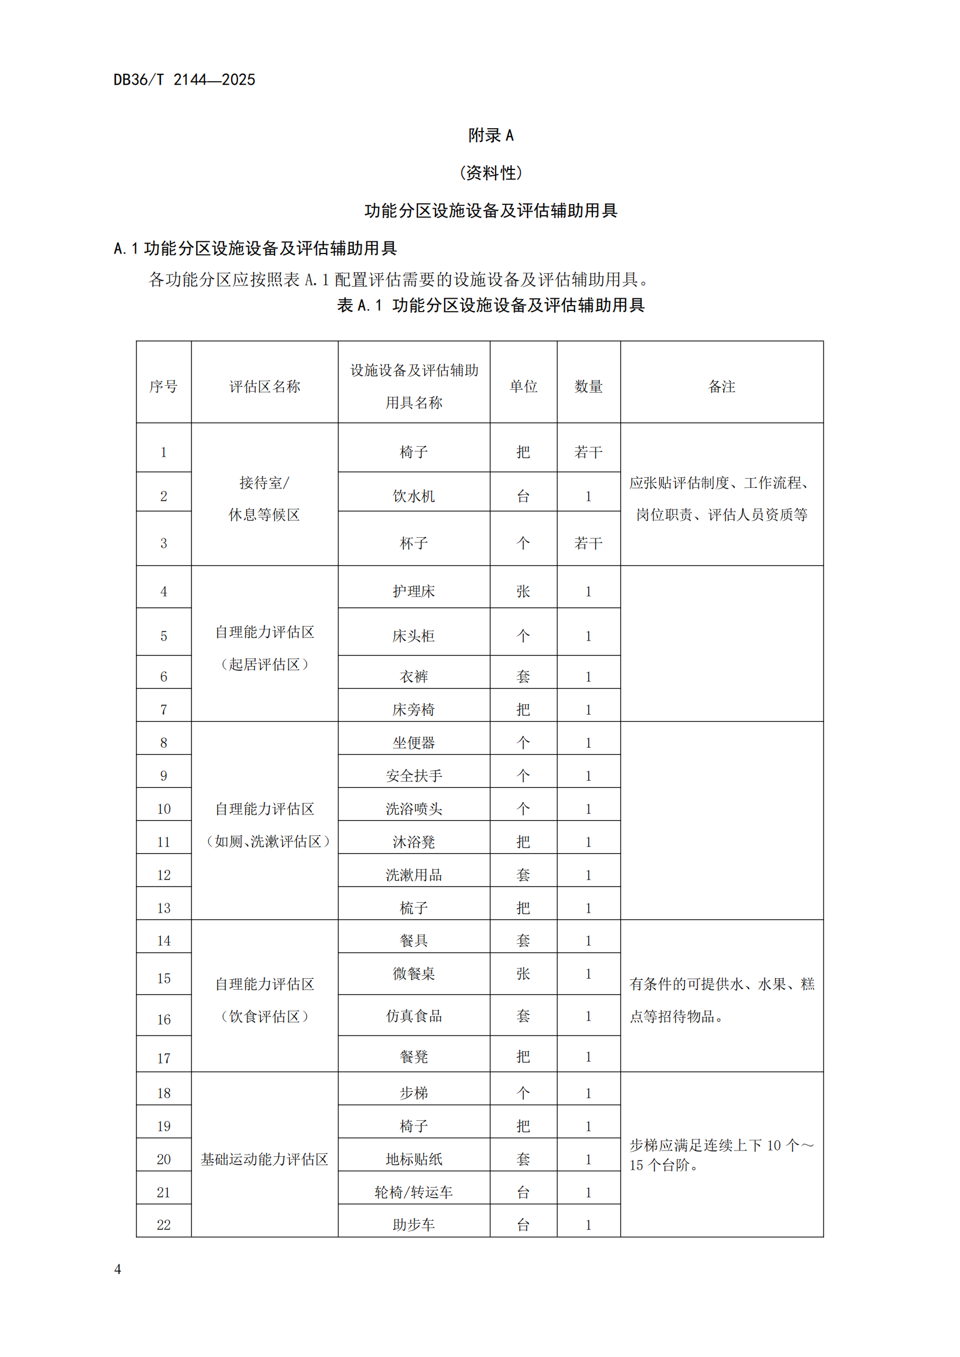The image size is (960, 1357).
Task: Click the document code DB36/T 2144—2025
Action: [184, 80]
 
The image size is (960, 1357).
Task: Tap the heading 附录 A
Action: [490, 135]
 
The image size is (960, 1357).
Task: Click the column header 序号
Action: [163, 386]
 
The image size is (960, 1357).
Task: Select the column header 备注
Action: [721, 386]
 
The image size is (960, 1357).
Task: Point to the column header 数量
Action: [588, 386]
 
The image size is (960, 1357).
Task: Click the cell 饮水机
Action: [413, 496]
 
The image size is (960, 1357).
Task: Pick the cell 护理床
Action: [413, 591]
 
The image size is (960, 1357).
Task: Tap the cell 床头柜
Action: [413, 636]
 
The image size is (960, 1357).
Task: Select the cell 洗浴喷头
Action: [413, 809]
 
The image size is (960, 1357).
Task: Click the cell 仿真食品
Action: [413, 1016]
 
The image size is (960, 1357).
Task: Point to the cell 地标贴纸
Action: [413, 1159]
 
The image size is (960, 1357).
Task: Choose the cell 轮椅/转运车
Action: [413, 1192]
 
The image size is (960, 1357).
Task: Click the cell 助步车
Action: [413, 1225]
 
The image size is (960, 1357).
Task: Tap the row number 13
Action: [163, 908]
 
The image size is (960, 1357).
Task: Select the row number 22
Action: [163, 1225]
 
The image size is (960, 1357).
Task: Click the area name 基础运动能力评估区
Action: [264, 1159]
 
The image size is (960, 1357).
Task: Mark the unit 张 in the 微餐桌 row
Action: [523, 974]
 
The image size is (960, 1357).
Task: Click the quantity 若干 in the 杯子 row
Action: [588, 542]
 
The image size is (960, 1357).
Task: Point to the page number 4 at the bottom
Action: [118, 1269]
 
